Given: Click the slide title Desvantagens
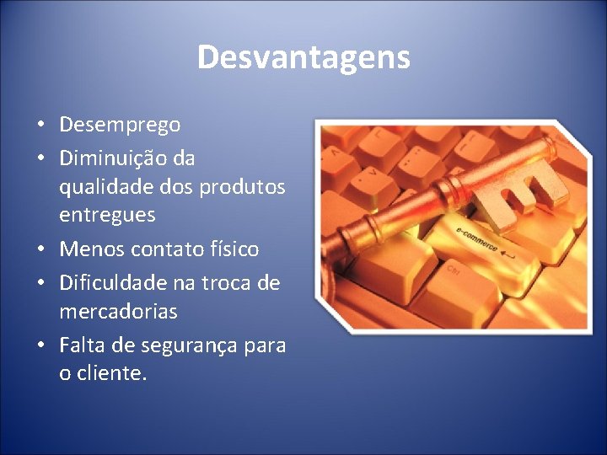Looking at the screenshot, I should pyautogui.click(x=303, y=57).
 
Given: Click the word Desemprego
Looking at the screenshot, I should pyautogui.click(x=120, y=125).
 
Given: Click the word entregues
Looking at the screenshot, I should pyautogui.click(x=107, y=215).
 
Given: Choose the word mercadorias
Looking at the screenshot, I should pyautogui.click(x=118, y=312).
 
